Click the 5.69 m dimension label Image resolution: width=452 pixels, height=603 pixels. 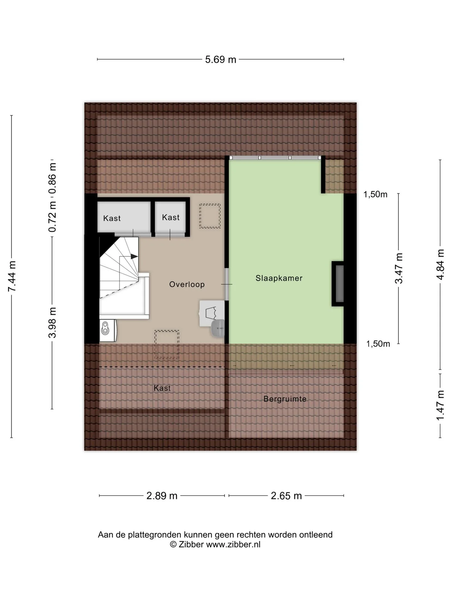coord(220,59)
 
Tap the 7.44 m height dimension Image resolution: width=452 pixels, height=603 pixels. coord(12,276)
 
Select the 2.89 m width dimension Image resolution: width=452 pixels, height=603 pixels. coord(162,496)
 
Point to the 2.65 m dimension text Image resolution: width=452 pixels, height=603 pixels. coord(286,496)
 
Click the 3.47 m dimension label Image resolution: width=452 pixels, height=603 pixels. coord(399,268)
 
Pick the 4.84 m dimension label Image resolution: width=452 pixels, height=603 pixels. coord(440,264)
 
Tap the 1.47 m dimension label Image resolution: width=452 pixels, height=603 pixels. coord(440,405)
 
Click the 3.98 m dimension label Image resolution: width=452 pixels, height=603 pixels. coord(52,323)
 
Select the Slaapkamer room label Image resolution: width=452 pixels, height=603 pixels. coord(279,278)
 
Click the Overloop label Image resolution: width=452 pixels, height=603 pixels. coord(187,284)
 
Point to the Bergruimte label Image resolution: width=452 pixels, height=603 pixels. coord(285,399)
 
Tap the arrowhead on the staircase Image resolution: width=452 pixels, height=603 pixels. coord(134,256)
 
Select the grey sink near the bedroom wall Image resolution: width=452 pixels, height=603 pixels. coord(218,328)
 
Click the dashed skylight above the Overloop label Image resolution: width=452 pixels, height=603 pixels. coord(210,216)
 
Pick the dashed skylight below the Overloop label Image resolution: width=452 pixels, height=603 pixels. coord(167,345)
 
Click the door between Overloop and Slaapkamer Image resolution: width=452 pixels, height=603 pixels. coord(227,284)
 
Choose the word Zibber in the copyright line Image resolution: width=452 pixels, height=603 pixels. coord(191,544)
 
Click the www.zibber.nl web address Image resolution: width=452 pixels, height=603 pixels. coord(233,544)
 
